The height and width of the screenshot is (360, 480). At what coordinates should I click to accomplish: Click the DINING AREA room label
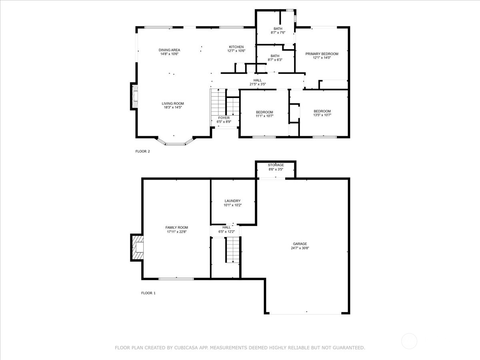point(170,50)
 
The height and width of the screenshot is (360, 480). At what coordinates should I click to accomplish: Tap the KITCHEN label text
point(236,47)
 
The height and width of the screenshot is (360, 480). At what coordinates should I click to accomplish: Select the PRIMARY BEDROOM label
point(322,54)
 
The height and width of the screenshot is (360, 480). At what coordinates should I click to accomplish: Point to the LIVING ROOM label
point(173,104)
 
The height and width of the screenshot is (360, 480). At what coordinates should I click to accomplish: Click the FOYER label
point(224,118)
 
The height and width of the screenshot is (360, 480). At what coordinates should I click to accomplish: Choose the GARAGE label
point(300,244)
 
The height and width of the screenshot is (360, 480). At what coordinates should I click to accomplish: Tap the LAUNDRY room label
point(232,201)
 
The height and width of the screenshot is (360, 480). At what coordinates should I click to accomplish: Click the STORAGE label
point(276,165)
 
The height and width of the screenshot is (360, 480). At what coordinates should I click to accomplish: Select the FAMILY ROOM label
point(177,228)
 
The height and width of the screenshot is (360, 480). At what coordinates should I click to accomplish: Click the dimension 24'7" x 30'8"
point(300,248)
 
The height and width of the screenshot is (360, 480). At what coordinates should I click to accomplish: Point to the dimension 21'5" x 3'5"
point(258,84)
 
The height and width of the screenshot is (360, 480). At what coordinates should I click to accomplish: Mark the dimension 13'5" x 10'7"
point(322,115)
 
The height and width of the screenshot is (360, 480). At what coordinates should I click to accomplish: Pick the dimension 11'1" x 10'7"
point(264,116)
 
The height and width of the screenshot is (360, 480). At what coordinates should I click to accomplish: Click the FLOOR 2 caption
point(143,151)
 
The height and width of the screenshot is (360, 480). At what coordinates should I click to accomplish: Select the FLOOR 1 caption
point(148,293)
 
